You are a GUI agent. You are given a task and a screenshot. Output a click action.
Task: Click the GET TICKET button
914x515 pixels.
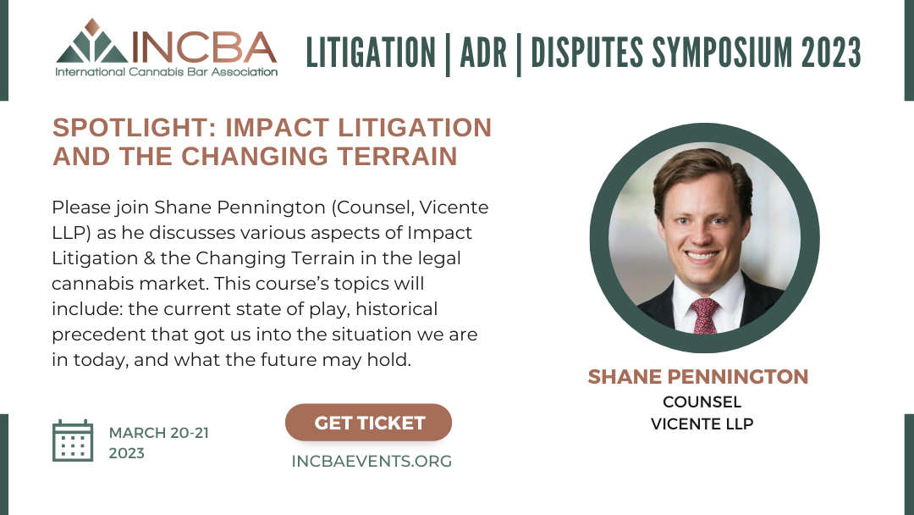click(x=368, y=423)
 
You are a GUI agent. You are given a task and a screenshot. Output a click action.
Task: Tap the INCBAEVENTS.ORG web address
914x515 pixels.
click(x=372, y=462)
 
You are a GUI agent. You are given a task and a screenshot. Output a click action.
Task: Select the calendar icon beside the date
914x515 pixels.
click(x=73, y=440)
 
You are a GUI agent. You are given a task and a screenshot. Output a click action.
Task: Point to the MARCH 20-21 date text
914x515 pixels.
click(x=158, y=433)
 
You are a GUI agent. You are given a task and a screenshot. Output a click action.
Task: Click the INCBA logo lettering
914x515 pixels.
click(x=204, y=47)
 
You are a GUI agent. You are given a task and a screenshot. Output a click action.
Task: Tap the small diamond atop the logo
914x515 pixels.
click(x=92, y=26)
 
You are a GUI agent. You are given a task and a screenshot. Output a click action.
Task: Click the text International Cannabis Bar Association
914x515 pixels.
click(x=167, y=72)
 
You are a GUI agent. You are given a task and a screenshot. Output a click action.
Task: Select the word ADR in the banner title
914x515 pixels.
click(x=483, y=53)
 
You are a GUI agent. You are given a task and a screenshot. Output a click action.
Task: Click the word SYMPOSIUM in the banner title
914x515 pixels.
click(x=722, y=53)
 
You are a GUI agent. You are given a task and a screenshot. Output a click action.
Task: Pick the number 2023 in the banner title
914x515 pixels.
click(x=831, y=53)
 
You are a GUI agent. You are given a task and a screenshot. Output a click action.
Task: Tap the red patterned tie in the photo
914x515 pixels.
click(x=704, y=316)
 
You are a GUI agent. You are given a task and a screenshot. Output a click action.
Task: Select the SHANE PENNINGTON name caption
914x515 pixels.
click(x=697, y=377)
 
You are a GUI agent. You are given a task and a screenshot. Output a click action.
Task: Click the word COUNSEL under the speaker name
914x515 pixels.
click(x=702, y=401)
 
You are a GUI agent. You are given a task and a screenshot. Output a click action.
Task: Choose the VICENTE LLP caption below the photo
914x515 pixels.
click(x=702, y=424)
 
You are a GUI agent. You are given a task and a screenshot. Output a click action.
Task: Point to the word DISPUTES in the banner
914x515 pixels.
click(x=587, y=53)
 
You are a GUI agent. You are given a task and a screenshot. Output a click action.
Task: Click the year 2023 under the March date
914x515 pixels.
click(x=126, y=453)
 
